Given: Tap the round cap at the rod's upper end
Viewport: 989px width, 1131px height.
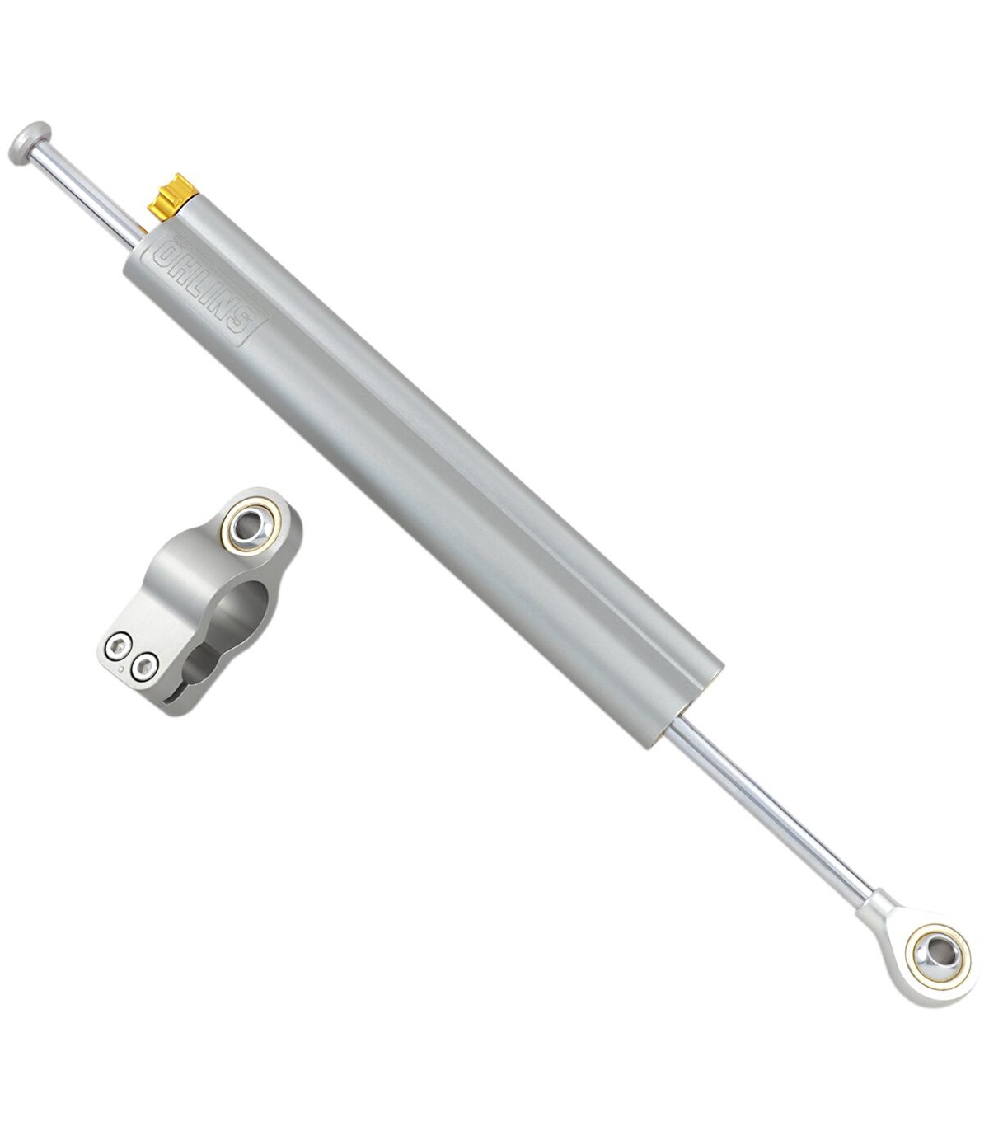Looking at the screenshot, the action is click(30, 143).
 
